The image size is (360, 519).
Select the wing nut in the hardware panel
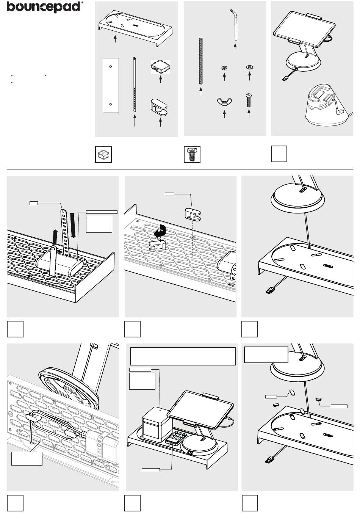(224, 102)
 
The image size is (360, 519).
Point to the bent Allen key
(235, 24)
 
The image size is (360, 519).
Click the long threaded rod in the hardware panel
(201, 61)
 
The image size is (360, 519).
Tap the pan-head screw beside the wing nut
(249, 100)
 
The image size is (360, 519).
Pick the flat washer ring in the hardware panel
(249, 67)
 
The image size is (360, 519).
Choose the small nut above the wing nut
(224, 68)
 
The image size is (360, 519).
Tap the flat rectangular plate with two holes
(111, 85)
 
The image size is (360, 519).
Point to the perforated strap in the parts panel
(135, 84)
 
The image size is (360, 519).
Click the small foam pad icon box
(103, 155)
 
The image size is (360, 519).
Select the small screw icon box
(192, 155)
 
